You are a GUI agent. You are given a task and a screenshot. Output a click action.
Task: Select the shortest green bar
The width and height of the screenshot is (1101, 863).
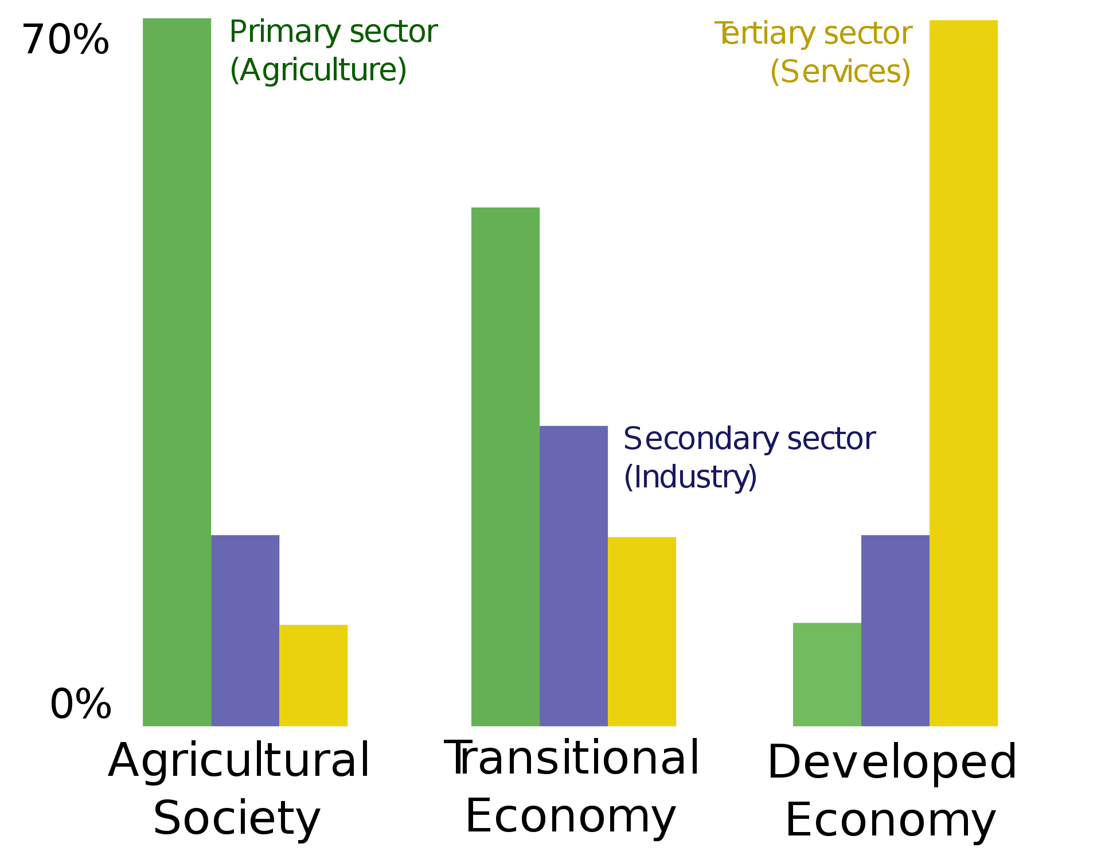[x=826, y=674]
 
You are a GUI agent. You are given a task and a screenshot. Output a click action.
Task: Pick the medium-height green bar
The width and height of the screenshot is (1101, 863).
[x=505, y=466]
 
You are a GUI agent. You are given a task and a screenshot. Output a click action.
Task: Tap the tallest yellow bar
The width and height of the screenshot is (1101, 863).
[x=963, y=373]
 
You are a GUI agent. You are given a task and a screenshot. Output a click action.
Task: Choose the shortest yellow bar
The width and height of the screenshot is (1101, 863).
[x=314, y=675]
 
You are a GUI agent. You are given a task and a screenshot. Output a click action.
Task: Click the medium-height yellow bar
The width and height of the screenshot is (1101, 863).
[x=642, y=631]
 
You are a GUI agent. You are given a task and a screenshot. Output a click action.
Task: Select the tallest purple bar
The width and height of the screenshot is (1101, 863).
[x=573, y=576]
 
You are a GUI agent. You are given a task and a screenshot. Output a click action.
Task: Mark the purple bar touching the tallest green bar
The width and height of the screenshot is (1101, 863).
[x=245, y=630]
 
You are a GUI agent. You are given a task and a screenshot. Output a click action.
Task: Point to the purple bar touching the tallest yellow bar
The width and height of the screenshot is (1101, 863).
[x=895, y=630]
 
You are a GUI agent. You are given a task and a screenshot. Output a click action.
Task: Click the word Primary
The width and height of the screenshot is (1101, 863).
[x=285, y=33]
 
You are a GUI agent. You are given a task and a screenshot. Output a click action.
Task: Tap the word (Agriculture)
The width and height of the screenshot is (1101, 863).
[x=318, y=71]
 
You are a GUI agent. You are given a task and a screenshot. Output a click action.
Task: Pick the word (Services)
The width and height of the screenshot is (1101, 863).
[x=841, y=72]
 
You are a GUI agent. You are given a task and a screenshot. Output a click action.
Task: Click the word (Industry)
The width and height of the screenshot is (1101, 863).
[x=690, y=478]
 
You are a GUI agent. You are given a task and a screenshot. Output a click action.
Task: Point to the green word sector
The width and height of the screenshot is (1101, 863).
[x=393, y=32]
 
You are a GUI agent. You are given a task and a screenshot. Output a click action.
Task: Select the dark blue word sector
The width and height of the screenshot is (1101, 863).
[x=831, y=439]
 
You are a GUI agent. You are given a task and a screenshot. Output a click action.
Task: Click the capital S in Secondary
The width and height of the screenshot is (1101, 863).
[x=632, y=439]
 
